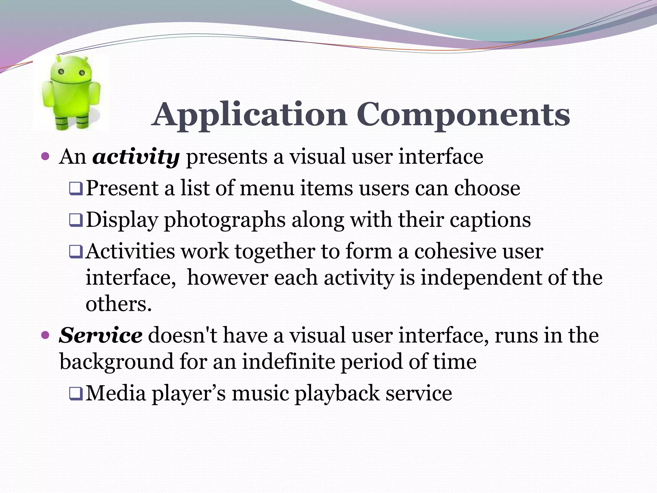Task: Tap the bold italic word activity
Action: click(136, 157)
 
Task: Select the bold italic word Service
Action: click(100, 335)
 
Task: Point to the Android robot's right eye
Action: click(82, 73)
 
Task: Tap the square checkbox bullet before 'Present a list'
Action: click(76, 189)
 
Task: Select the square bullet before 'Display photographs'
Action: click(76, 221)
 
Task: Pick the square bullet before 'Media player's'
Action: click(76, 394)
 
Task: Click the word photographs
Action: click(225, 221)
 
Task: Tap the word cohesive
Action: click(455, 251)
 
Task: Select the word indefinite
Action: click(288, 362)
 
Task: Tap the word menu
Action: click(267, 188)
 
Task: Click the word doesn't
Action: click(183, 335)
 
